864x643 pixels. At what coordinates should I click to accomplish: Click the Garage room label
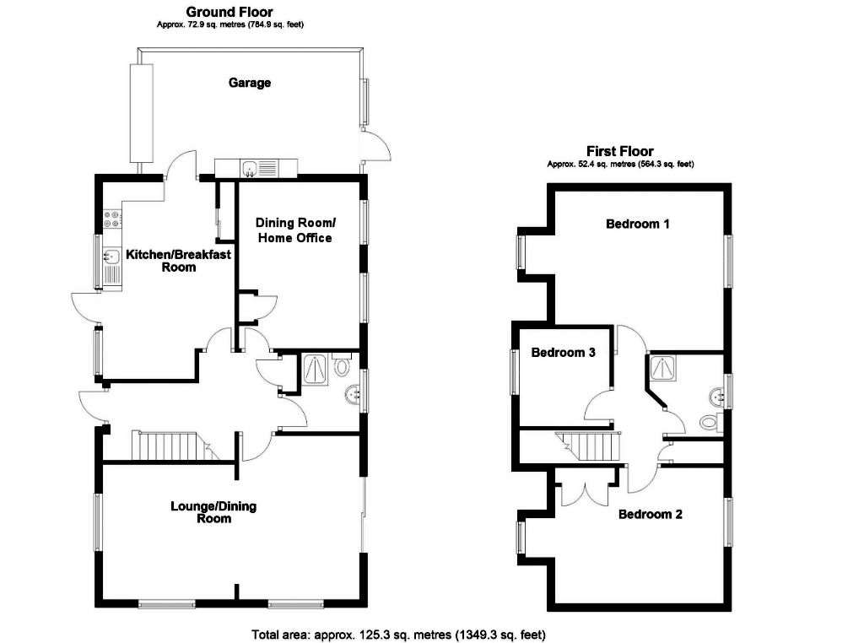tap(250, 83)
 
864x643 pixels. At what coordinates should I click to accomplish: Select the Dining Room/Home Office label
tap(295, 230)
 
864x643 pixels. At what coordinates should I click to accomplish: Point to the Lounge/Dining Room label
tap(213, 512)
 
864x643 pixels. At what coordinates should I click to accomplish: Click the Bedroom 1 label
tap(638, 224)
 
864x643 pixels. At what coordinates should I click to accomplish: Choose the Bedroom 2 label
tap(650, 514)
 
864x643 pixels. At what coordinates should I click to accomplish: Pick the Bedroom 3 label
tap(563, 353)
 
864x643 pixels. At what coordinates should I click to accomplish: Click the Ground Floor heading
tap(229, 12)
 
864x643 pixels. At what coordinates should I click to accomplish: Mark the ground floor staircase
tap(170, 446)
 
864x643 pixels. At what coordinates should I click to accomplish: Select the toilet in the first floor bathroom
tap(707, 422)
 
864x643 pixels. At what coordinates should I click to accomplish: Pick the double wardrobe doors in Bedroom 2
tap(585, 491)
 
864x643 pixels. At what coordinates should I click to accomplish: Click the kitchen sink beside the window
tap(111, 257)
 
